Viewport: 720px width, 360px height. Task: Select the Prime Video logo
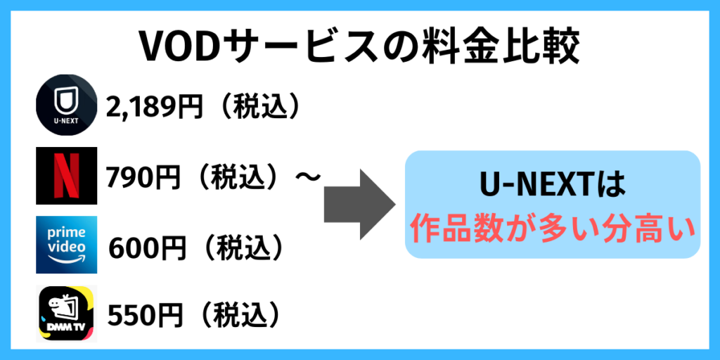(x=66, y=244)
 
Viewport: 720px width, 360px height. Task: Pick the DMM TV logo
(x=66, y=314)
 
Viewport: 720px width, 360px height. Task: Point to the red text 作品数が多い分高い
(x=553, y=229)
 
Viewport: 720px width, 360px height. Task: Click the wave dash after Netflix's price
(x=307, y=176)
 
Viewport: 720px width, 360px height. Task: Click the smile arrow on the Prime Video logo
(x=66, y=261)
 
